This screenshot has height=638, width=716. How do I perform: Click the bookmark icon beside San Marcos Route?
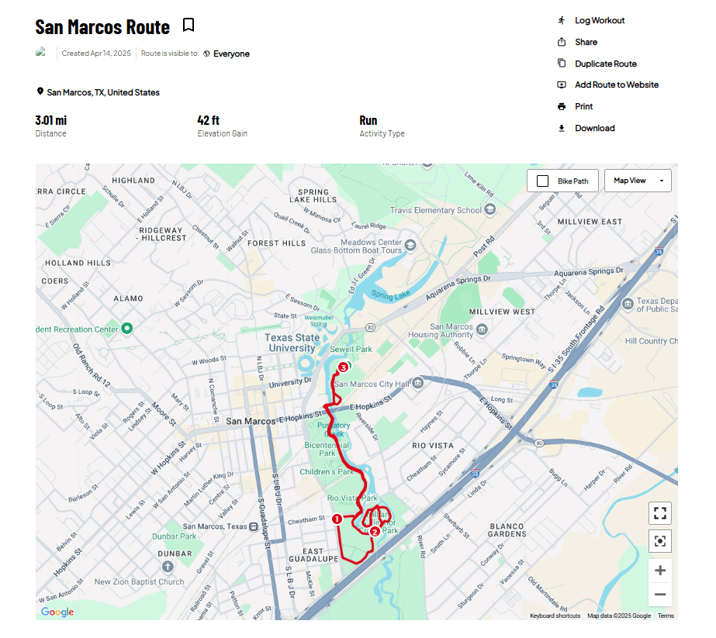(x=188, y=26)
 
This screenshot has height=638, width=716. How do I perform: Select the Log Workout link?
(x=599, y=20)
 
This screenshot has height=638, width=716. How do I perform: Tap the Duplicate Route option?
(x=605, y=64)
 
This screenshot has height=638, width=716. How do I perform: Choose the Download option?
(x=594, y=128)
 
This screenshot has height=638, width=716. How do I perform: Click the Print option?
(x=583, y=106)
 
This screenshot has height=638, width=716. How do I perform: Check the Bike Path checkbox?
(x=543, y=181)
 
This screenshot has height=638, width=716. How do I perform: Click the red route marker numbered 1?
(x=337, y=519)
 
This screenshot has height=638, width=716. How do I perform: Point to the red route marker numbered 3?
(x=343, y=368)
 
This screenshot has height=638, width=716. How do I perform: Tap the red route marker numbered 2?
(x=375, y=532)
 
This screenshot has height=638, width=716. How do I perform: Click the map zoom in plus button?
(x=660, y=571)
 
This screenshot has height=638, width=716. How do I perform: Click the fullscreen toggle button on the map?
(x=660, y=513)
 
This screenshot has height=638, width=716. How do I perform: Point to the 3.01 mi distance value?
(x=51, y=120)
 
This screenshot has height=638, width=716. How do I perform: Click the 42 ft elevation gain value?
(x=209, y=120)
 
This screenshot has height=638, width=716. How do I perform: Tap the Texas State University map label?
(x=292, y=343)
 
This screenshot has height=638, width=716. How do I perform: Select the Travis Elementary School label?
(x=435, y=210)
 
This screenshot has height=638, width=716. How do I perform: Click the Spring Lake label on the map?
(x=390, y=295)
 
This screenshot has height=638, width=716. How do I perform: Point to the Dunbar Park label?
(x=174, y=536)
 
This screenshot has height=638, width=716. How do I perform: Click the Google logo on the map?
(x=57, y=612)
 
